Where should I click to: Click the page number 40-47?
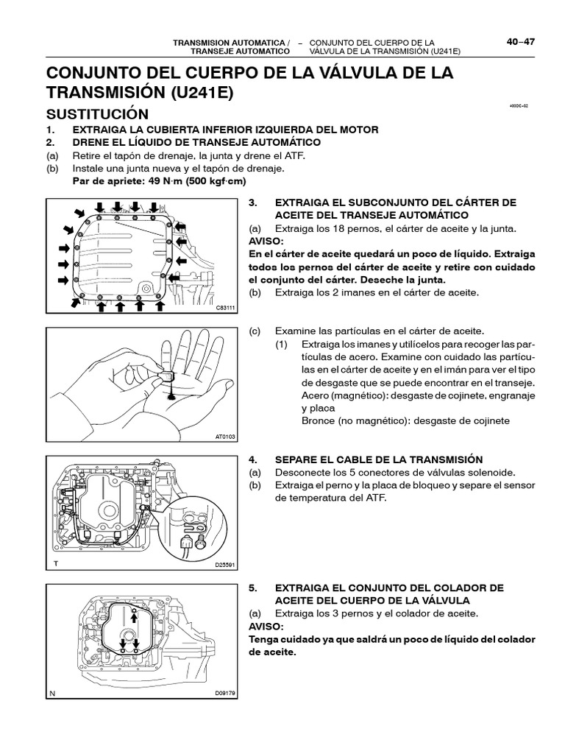click(520, 42)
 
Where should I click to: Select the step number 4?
click(252, 458)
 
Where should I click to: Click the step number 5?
click(252, 588)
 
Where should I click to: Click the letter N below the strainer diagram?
click(52, 693)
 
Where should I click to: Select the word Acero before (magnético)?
click(317, 395)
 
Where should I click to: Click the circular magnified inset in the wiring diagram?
click(198, 526)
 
